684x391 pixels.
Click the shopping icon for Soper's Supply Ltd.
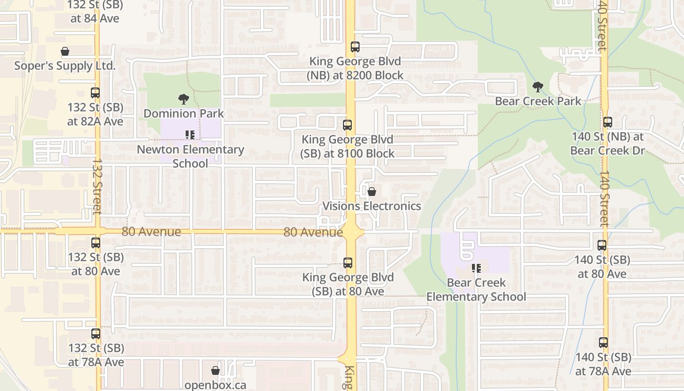click(x=64, y=51)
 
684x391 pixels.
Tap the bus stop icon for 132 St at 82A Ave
click(x=95, y=93)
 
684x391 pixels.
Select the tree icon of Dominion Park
click(x=184, y=99)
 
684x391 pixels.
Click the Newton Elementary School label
click(x=191, y=156)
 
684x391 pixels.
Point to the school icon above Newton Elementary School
click(x=190, y=134)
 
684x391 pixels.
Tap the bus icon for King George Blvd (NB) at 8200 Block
click(x=355, y=47)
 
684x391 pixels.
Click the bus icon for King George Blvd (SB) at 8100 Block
click(x=347, y=125)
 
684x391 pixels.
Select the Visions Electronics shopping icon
click(x=372, y=192)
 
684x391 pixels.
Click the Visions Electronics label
click(x=371, y=206)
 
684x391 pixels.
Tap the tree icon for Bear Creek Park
click(x=538, y=87)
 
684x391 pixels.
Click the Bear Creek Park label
click(x=538, y=101)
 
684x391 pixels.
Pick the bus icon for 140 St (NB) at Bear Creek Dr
click(x=607, y=122)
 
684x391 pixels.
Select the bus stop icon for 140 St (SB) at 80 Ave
click(x=602, y=245)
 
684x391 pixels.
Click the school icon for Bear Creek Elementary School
click(x=476, y=268)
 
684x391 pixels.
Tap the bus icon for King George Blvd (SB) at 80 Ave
click(x=348, y=263)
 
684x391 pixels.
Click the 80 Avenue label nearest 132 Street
click(x=151, y=232)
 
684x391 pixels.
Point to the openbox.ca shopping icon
click(x=215, y=371)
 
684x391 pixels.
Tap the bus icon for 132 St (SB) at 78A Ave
click(x=96, y=334)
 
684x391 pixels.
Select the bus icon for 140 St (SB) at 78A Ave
click(x=603, y=343)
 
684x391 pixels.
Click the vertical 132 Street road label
click(x=96, y=186)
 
